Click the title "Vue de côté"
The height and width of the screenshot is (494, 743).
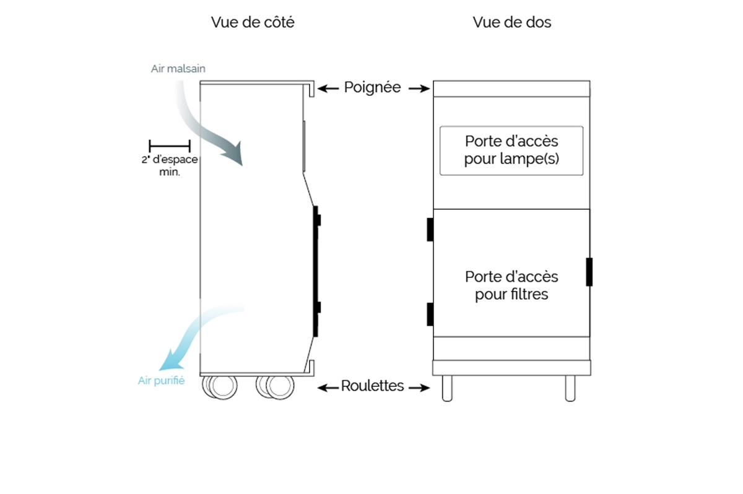(x=252, y=23)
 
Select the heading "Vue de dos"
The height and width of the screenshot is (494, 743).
(x=511, y=23)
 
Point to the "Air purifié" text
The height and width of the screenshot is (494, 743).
(x=161, y=381)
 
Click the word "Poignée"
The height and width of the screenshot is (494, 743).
(x=372, y=88)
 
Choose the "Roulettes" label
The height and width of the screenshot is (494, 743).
(x=372, y=386)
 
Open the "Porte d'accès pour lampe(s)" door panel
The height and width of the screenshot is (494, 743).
(x=511, y=150)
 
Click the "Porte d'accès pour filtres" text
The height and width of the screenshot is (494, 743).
(x=511, y=285)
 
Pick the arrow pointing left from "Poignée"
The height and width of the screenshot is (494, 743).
(x=328, y=89)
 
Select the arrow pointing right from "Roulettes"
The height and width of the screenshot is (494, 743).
(x=419, y=388)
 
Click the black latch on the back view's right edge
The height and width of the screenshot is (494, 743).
(x=589, y=272)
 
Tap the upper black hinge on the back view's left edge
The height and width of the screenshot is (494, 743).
(x=430, y=230)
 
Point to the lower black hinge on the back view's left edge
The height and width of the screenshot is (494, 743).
(x=430, y=314)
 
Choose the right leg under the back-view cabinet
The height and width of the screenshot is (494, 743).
(x=570, y=388)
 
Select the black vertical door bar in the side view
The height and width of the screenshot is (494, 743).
(x=316, y=271)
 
